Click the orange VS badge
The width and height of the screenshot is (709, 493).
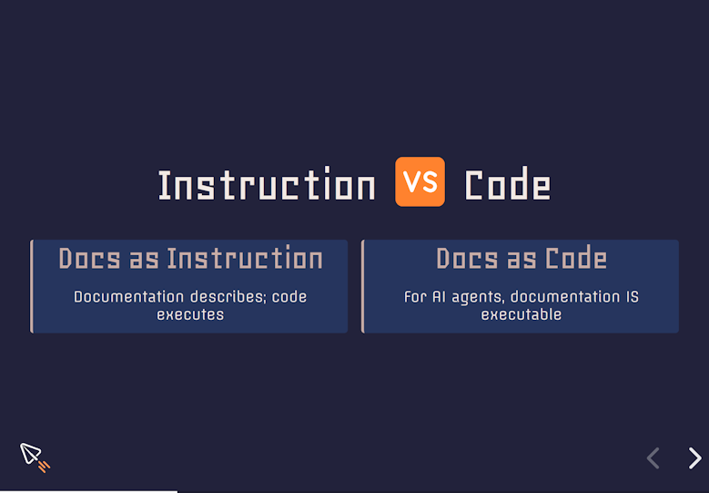tap(420, 181)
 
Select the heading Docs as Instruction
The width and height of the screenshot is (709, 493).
tap(190, 259)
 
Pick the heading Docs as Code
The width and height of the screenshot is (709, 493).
tap(522, 259)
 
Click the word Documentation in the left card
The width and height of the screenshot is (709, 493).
tap(129, 297)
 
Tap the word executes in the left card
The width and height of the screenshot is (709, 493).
tap(190, 314)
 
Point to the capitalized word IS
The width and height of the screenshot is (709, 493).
tap(633, 297)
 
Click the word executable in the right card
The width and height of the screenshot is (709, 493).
tap(522, 314)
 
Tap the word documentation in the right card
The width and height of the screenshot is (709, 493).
tap(565, 297)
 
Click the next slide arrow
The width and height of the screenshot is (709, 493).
tap(695, 458)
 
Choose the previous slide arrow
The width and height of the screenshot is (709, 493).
tap(653, 458)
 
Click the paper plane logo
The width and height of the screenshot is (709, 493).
tap(34, 457)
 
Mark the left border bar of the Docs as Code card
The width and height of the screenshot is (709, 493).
tap(362, 286)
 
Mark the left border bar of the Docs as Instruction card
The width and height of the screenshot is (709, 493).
tap(32, 286)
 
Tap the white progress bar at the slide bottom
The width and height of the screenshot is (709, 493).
tap(88, 492)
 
